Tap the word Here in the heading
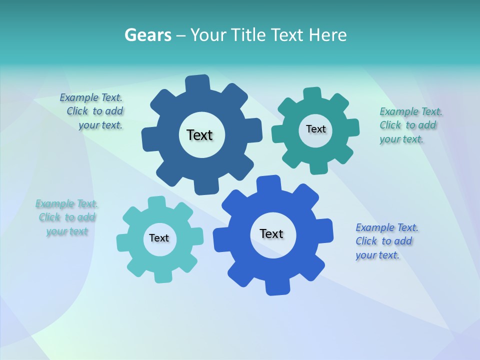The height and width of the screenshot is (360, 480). point(328,35)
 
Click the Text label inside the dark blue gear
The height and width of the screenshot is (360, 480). point(199,135)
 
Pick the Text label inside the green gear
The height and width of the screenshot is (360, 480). point(315,129)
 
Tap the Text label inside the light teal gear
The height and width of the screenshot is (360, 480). point(159,238)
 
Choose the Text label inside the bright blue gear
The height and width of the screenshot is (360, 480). point(271,233)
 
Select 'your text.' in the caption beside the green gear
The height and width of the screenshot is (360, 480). point(401,139)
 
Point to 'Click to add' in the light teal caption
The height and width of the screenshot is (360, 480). point(67,217)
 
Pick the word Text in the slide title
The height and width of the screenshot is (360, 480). point(288,35)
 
